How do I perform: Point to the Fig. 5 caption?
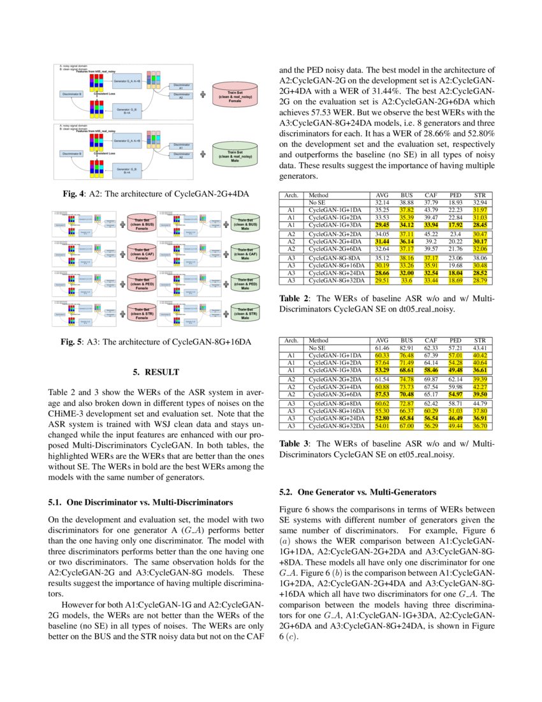click(x=156, y=343)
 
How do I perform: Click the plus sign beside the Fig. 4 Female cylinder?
click(x=203, y=94)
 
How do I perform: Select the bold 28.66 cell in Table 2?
click(x=382, y=271)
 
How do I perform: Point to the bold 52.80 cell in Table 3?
click(x=382, y=418)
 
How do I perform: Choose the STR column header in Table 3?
click(x=480, y=341)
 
